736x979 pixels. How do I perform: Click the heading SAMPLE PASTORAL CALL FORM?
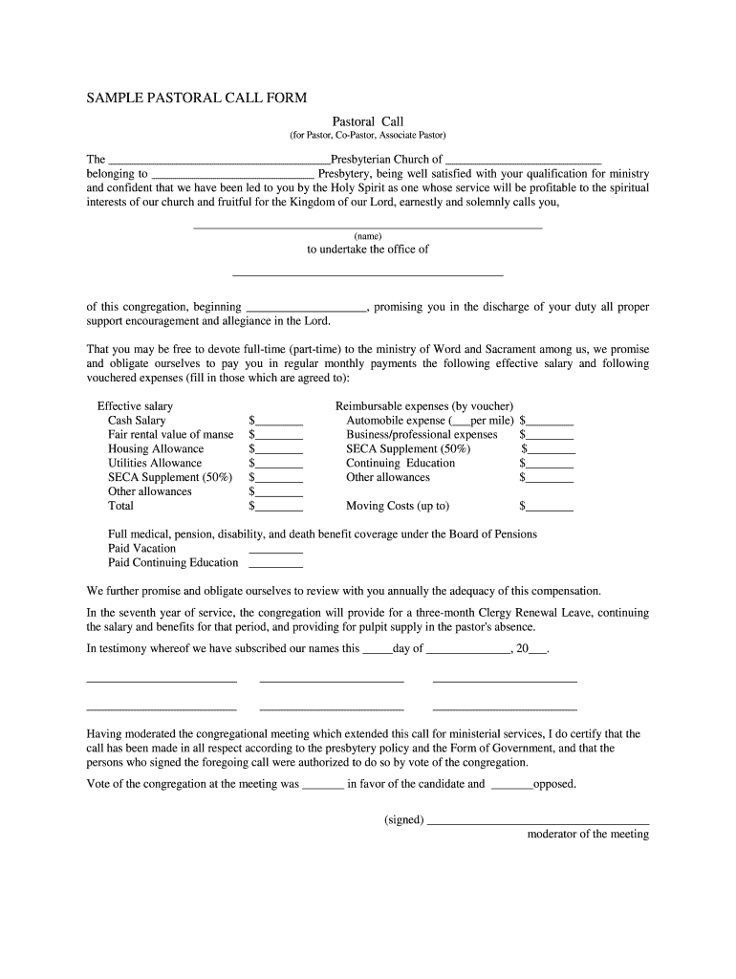pyautogui.click(x=197, y=98)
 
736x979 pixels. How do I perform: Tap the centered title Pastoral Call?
pyautogui.click(x=368, y=121)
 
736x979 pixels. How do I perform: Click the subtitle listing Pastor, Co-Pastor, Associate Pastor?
pyautogui.click(x=368, y=136)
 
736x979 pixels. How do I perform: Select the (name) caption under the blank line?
pyautogui.click(x=368, y=236)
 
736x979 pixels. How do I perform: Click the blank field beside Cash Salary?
pyautogui.click(x=278, y=421)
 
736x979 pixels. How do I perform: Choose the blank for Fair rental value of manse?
pyautogui.click(x=278, y=435)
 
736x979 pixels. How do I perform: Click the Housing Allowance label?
pyautogui.click(x=156, y=448)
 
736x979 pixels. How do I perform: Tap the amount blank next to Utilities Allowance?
pyautogui.click(x=278, y=464)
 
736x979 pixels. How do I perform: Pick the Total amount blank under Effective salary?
pyautogui.click(x=278, y=507)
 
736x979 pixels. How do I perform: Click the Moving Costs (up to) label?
pyautogui.click(x=398, y=506)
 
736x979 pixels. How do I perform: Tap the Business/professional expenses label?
pyautogui.click(x=422, y=434)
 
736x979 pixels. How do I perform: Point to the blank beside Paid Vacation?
pyautogui.click(x=275, y=550)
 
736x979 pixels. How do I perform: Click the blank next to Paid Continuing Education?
pyautogui.click(x=275, y=564)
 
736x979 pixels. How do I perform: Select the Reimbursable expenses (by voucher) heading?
pyautogui.click(x=424, y=406)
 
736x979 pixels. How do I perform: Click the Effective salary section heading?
pyautogui.click(x=135, y=406)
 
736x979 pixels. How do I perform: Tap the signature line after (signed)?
pyautogui.click(x=538, y=820)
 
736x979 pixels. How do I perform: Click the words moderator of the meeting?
pyautogui.click(x=588, y=834)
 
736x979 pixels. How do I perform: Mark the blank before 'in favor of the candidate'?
pyautogui.click(x=323, y=785)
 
